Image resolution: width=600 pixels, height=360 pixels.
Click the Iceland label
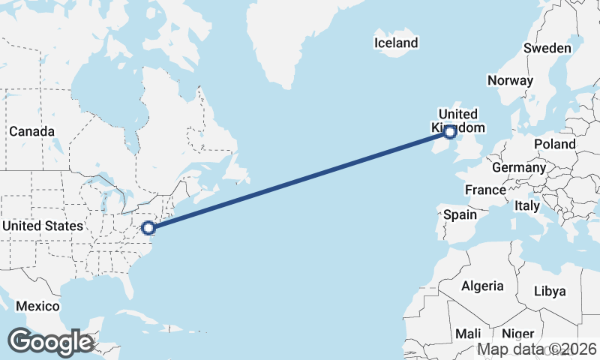coord(396,43)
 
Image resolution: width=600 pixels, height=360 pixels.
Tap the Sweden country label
coord(547,48)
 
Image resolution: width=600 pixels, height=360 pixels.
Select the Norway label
coord(510,80)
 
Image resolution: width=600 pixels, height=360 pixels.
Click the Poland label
coord(555,143)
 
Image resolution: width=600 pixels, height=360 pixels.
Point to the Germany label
coord(519,167)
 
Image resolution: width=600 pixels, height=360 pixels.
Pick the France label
coord(485,190)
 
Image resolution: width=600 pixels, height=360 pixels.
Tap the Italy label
coord(527,205)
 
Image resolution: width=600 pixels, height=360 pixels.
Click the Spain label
coord(460,214)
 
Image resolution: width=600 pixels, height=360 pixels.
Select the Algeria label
coord(481,286)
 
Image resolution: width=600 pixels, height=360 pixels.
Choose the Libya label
coord(550,291)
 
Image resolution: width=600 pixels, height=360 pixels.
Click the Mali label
coord(468,334)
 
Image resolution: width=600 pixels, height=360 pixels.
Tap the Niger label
coord(517,334)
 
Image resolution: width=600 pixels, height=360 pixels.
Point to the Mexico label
coord(37,306)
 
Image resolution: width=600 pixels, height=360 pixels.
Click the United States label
coord(43,226)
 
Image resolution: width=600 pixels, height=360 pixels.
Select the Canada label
coord(32,131)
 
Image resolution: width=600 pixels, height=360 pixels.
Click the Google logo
coord(50,342)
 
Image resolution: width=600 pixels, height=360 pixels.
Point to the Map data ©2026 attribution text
coord(537,349)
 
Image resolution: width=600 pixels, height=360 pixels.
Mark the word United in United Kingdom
coord(457,114)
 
